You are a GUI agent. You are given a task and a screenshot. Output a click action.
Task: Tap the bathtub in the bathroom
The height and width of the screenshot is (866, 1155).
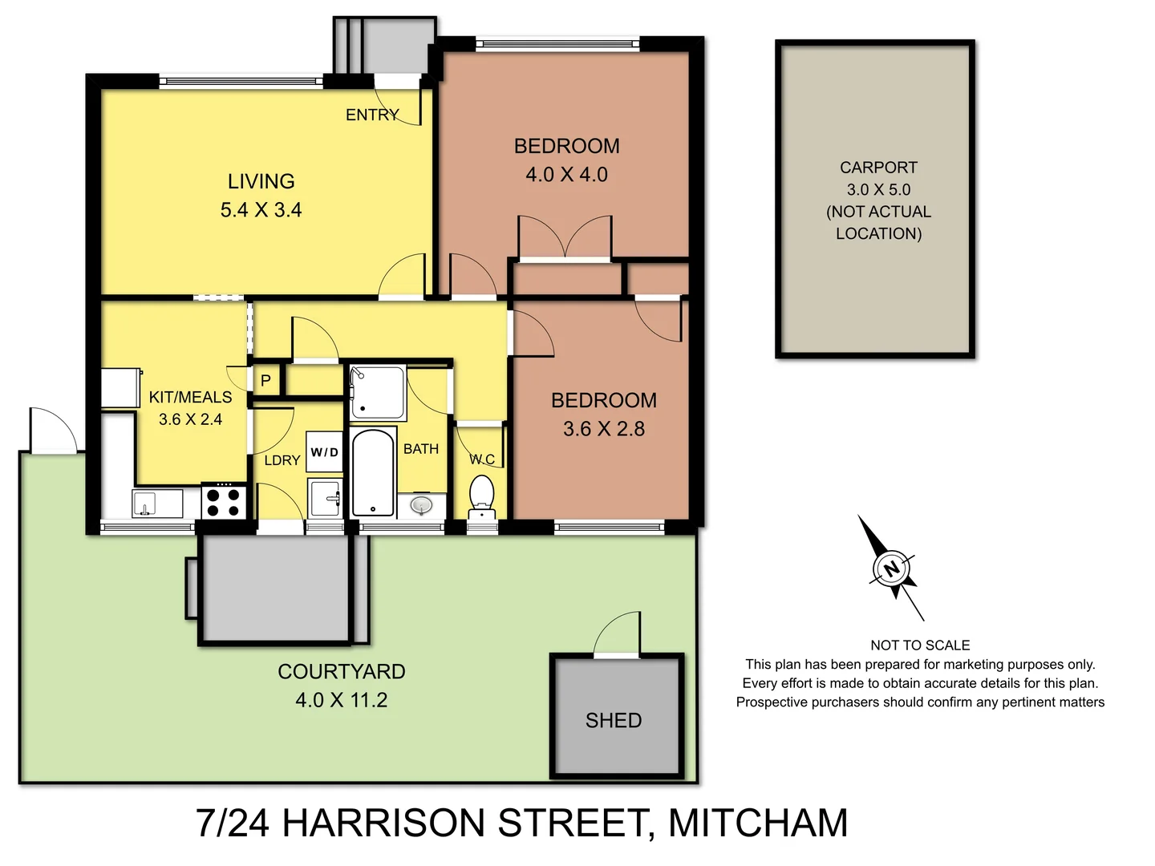click(373, 473)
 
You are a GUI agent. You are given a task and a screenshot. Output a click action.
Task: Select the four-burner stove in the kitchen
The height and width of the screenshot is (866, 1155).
click(223, 501)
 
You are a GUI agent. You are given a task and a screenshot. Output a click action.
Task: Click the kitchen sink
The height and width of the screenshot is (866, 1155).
click(146, 504)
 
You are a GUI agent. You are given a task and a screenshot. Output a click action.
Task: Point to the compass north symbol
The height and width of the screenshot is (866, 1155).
click(891, 569)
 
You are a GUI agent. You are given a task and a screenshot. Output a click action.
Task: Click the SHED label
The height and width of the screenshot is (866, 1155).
click(614, 720)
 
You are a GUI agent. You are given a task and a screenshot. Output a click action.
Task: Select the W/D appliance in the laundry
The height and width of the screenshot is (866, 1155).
click(325, 453)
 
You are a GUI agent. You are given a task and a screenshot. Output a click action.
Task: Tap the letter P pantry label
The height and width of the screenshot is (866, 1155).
click(265, 381)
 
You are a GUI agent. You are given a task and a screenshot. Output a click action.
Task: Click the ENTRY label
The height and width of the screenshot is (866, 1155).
click(372, 115)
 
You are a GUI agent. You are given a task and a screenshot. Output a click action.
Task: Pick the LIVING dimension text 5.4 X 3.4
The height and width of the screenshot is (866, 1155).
click(261, 210)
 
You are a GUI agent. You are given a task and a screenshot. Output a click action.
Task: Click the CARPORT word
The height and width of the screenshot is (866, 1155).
click(878, 168)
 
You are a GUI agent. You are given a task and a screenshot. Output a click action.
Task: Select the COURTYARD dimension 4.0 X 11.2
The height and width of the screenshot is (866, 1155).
click(341, 700)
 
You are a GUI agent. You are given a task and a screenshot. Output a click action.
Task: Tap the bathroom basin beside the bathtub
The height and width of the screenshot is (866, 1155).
click(421, 504)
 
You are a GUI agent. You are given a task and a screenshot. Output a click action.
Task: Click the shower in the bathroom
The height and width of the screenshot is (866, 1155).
click(377, 392)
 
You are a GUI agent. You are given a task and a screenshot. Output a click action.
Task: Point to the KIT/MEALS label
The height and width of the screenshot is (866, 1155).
click(190, 397)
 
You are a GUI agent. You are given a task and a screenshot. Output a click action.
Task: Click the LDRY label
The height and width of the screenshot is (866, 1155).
click(282, 460)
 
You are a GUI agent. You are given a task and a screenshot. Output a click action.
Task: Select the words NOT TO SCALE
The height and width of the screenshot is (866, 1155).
click(920, 645)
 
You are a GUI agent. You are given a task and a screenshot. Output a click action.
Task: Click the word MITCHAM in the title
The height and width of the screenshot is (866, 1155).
click(757, 824)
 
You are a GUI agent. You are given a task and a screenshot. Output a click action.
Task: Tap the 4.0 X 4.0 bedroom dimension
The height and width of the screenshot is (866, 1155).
click(566, 175)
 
